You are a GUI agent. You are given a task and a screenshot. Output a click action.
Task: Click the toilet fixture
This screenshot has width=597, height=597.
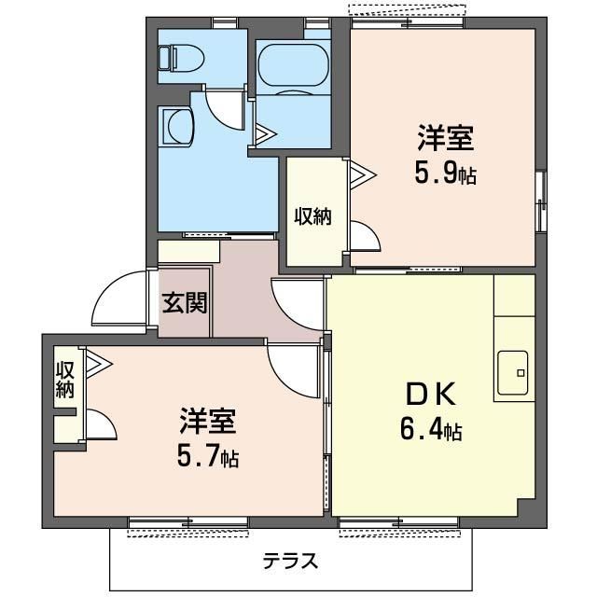[181, 59]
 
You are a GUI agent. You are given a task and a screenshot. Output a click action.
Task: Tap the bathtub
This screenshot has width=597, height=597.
[293, 68]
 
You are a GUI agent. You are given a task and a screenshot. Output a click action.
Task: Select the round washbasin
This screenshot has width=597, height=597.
[179, 126]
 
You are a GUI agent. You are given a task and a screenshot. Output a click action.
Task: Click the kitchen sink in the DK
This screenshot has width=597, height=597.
[513, 373]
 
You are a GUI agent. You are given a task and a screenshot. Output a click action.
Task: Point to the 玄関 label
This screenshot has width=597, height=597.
[185, 303]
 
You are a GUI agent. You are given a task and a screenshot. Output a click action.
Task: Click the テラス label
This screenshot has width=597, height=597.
[290, 561]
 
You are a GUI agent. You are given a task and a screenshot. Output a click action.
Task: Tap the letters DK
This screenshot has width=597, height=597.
[431, 395]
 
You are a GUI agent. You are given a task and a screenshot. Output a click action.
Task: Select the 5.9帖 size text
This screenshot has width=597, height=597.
[445, 174]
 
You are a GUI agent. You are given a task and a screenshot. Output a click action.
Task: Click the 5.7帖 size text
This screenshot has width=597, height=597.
[208, 457]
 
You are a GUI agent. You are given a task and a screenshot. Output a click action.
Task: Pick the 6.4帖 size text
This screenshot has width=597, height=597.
[431, 431]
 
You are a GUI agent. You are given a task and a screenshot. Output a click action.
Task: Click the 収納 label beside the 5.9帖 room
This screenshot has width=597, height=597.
[313, 216]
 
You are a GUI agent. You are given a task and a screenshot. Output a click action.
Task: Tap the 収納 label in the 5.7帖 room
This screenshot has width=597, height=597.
[64, 380]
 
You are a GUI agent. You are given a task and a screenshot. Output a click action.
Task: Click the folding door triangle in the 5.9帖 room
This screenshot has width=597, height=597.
[363, 175]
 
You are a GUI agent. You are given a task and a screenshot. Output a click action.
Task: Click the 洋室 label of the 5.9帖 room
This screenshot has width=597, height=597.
[446, 138]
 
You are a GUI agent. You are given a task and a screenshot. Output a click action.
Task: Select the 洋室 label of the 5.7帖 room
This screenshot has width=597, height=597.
[208, 421]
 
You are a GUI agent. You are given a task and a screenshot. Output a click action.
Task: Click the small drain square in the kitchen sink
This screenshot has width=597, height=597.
[521, 373]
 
